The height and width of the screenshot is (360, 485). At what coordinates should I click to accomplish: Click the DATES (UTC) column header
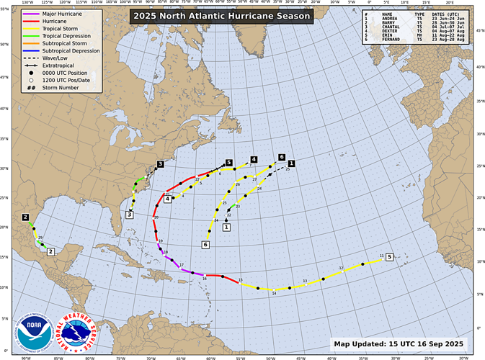click(449, 14)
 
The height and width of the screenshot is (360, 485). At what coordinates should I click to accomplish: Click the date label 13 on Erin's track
click(305, 281)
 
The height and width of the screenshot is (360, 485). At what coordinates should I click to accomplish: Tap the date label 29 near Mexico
click(40, 238)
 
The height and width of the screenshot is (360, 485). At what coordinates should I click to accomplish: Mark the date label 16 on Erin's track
click(205, 278)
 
